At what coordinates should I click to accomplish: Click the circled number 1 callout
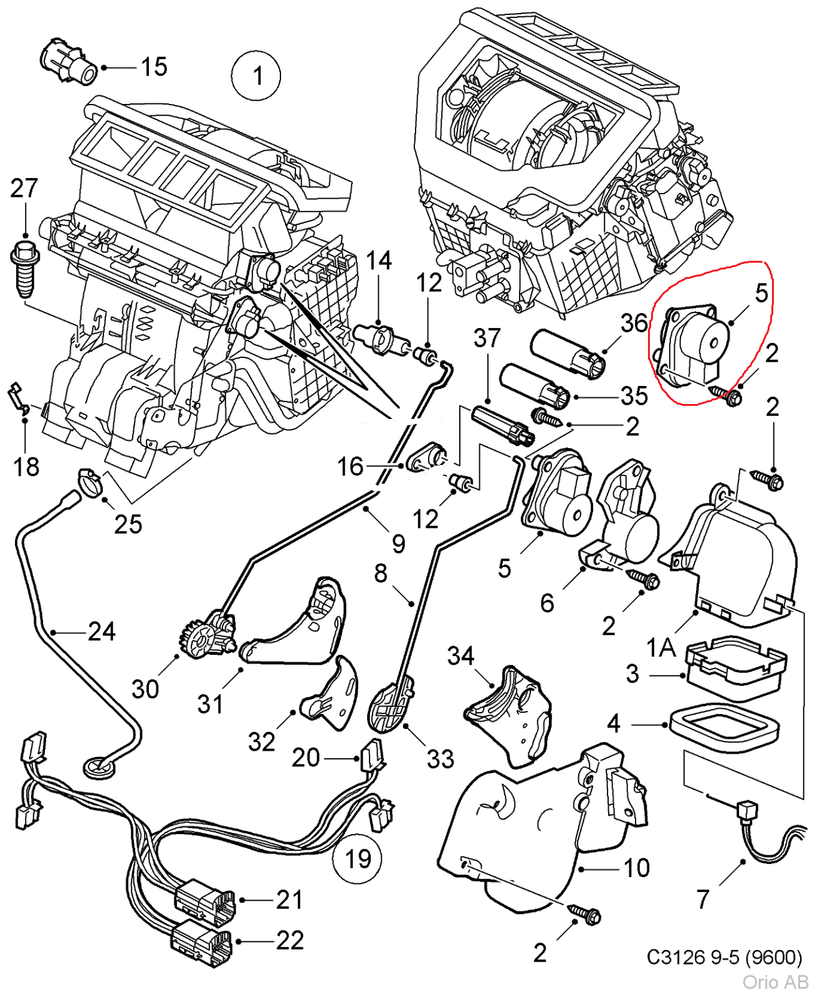pyautogui.click(x=256, y=76)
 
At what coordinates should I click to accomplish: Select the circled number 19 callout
pyautogui.click(x=358, y=858)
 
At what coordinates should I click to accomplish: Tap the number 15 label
pyautogui.click(x=154, y=67)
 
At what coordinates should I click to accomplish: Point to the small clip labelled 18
pyautogui.click(x=17, y=398)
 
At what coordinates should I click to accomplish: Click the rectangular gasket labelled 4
pyautogui.click(x=724, y=724)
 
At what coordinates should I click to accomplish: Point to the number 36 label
pyautogui.click(x=634, y=322)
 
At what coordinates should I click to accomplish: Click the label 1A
pyautogui.click(x=661, y=647)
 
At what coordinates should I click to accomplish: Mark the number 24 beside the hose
pyautogui.click(x=102, y=632)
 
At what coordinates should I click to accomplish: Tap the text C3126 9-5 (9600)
pyautogui.click(x=724, y=957)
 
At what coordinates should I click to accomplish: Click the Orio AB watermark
pyautogui.click(x=774, y=982)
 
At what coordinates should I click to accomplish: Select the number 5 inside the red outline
pyautogui.click(x=761, y=293)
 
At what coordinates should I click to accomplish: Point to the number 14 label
pyautogui.click(x=378, y=261)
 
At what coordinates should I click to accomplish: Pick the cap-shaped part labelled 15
pyautogui.click(x=68, y=63)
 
